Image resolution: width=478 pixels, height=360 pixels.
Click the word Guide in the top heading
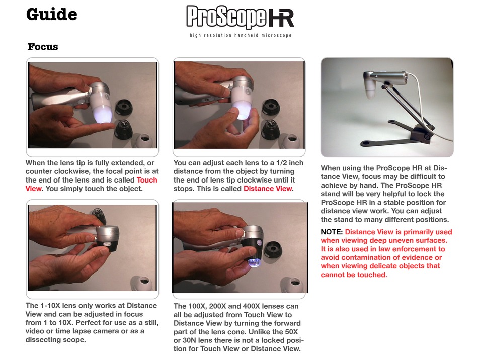click(52, 15)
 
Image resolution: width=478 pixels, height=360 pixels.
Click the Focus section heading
click(43, 47)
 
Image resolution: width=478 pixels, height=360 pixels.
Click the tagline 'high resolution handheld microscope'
click(241, 35)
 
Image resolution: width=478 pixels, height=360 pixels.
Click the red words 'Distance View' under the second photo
click(268, 189)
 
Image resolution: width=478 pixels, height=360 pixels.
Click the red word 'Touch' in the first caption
click(147, 180)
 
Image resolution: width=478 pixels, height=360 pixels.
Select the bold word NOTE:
click(332, 232)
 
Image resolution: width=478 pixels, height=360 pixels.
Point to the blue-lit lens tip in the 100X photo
click(254, 262)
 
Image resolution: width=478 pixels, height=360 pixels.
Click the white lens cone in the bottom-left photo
click(142, 283)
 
